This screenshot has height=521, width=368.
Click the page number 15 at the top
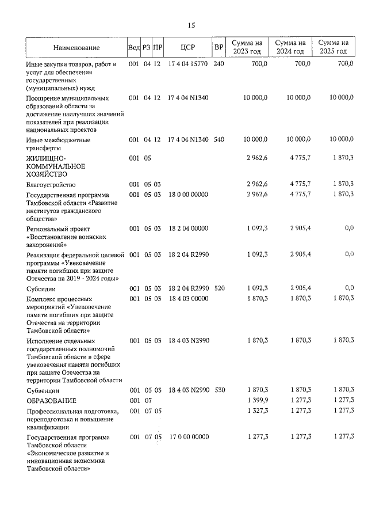(191, 25)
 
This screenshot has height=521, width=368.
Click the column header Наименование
(76, 48)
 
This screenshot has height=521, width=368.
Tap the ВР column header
(218, 48)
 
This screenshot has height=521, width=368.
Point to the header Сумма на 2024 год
(290, 47)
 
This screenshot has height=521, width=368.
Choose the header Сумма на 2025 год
(333, 47)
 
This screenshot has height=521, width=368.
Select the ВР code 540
(219, 140)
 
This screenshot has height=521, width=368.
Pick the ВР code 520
(219, 288)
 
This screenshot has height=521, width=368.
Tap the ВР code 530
(219, 390)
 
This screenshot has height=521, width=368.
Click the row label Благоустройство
(51, 184)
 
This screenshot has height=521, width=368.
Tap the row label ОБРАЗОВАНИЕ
(51, 401)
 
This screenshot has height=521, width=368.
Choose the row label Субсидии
(41, 288)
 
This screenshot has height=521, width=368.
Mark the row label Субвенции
(42, 390)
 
